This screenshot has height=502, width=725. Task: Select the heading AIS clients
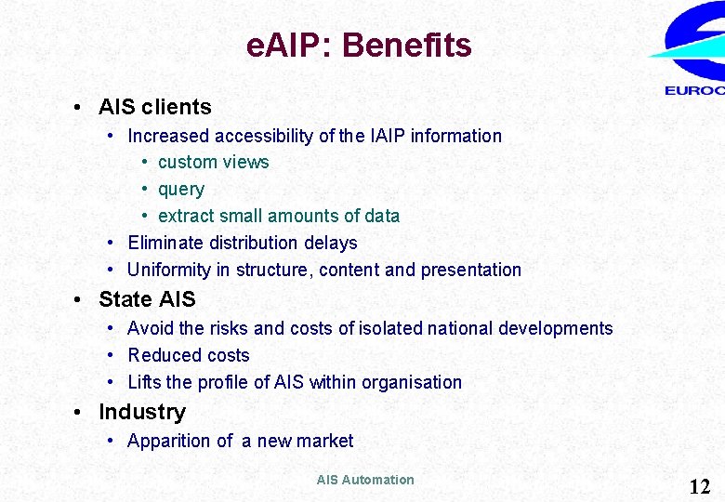coord(154,107)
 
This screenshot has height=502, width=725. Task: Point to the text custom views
coord(213,163)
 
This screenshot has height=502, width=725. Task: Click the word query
coord(180,190)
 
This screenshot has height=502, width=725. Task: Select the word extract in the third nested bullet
coord(186,217)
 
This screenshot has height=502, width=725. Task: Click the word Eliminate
coord(164,244)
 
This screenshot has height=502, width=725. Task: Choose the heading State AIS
coord(147,299)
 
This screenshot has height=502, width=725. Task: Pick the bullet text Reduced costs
coord(188,355)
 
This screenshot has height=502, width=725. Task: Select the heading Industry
coord(141,412)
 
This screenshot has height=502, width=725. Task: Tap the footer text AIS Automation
coord(364,480)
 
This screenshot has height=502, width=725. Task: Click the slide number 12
coord(699,485)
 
